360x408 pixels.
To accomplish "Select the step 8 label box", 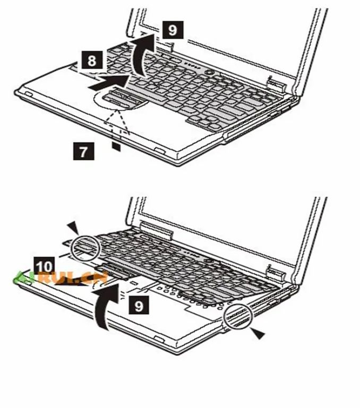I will tap(92, 61).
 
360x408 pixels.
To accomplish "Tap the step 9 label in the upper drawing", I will tap(172, 29).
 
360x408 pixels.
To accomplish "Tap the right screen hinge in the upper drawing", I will tap(275, 83).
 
